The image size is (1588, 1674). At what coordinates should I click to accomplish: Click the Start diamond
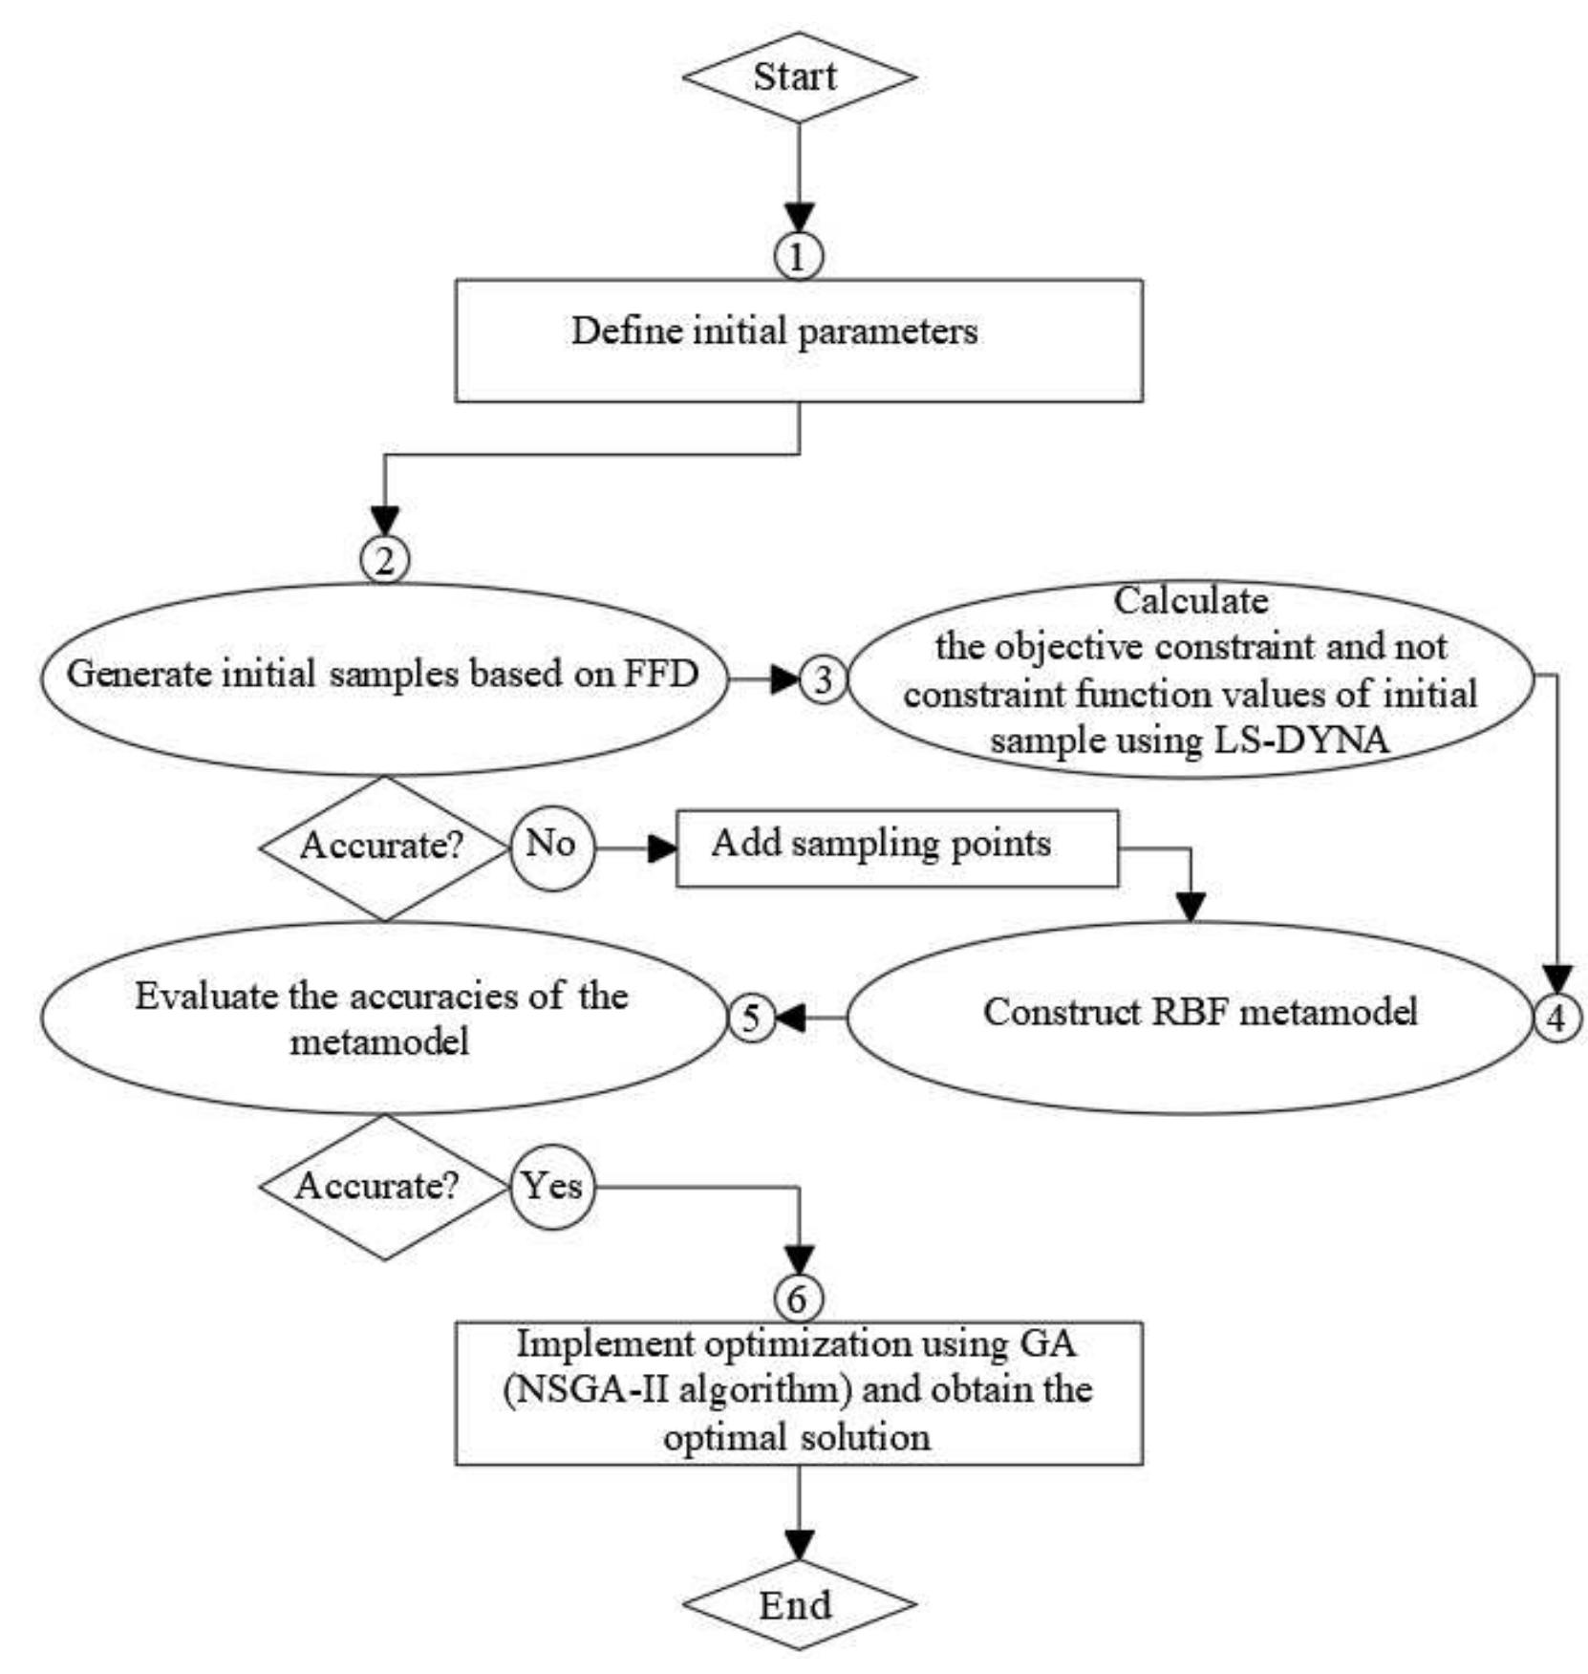(x=799, y=77)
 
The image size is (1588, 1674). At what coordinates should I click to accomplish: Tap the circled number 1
(x=799, y=256)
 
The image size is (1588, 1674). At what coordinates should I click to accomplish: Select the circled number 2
(x=384, y=560)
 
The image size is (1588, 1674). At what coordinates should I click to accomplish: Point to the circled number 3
(x=823, y=679)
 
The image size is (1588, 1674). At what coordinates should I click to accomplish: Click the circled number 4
(x=1556, y=1019)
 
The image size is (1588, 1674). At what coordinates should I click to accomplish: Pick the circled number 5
(x=751, y=1019)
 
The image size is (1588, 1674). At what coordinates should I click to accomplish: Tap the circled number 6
(x=797, y=1298)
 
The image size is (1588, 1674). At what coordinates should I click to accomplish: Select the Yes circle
(x=552, y=1188)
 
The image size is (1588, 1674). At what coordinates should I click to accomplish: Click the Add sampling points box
(x=896, y=848)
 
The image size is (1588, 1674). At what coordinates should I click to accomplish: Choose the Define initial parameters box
(x=799, y=340)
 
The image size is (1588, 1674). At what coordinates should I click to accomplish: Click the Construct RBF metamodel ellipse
(x=1190, y=1017)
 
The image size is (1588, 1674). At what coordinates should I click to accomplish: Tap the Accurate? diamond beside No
(x=384, y=848)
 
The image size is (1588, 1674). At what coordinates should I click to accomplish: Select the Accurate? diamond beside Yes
(x=384, y=1188)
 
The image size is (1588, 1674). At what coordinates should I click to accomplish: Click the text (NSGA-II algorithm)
(x=676, y=1388)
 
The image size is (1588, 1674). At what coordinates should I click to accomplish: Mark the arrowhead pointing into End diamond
(x=799, y=1543)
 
